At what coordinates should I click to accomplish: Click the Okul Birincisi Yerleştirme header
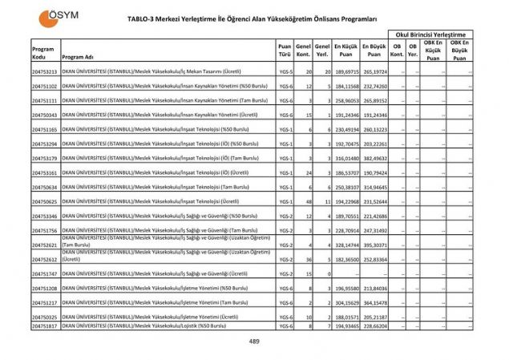pyautogui.click(x=430, y=34)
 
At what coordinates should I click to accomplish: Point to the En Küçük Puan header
pyautogui.click(x=345, y=50)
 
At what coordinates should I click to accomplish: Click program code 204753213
pyautogui.click(x=45, y=72)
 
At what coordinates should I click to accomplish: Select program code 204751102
pyautogui.click(x=45, y=86)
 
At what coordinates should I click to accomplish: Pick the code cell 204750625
pyautogui.click(x=45, y=202)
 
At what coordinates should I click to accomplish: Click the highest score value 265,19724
pyautogui.click(x=374, y=72)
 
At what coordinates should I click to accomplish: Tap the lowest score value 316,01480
pyautogui.click(x=345, y=159)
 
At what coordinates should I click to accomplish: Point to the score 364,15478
pyautogui.click(x=374, y=303)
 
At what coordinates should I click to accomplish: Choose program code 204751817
pyautogui.click(x=45, y=326)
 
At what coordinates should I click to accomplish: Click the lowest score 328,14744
pyautogui.click(x=345, y=245)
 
